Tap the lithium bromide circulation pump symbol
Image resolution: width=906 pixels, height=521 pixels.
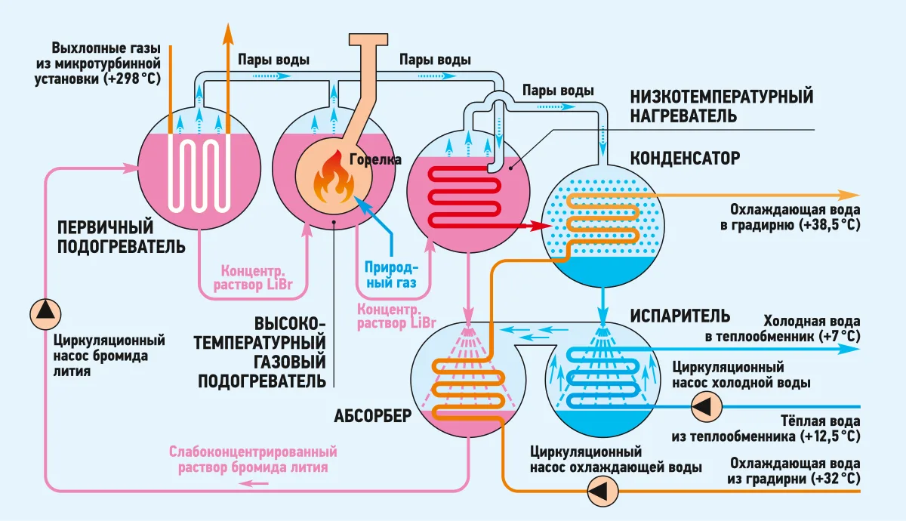tap(45, 314)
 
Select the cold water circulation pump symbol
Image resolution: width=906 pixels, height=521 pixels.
tap(706, 406)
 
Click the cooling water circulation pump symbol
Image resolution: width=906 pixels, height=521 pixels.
tap(602, 492)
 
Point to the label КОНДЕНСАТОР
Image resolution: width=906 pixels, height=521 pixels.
tap(686, 158)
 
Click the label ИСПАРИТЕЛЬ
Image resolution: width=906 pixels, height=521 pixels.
tap(680, 316)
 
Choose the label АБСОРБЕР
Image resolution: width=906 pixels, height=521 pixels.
tap(372, 415)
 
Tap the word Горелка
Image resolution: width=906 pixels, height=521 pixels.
tap(375, 160)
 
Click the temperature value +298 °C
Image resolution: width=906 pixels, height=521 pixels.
tap(134, 79)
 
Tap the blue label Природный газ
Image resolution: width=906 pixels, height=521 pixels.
tap(391, 275)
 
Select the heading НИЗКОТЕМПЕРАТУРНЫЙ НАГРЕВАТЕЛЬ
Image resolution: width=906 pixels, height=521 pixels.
tap(722, 106)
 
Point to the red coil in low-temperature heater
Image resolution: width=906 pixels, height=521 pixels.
tap(464, 197)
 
